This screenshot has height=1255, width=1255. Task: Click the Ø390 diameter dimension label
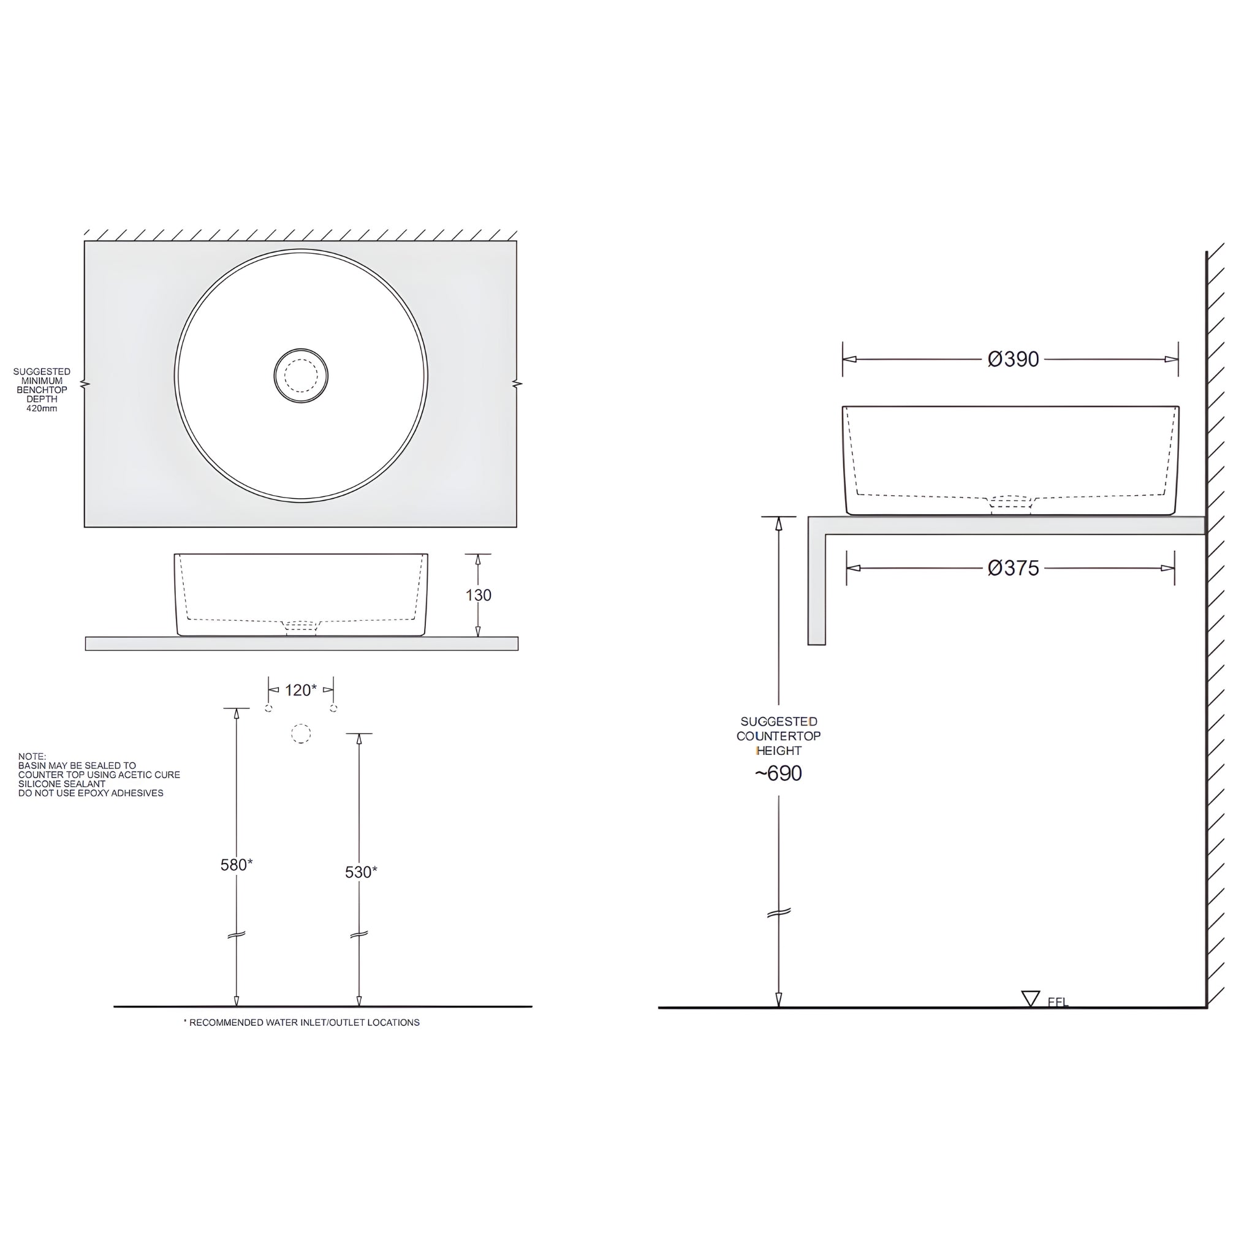pos(1014,359)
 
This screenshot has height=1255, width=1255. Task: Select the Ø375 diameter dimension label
pos(1014,569)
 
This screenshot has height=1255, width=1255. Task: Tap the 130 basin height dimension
pos(479,595)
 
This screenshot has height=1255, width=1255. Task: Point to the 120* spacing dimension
pos(301,690)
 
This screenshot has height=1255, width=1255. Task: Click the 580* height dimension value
pos(237,865)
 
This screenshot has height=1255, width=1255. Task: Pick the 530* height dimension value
pos(361,872)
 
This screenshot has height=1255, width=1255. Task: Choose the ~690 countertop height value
pos(778,773)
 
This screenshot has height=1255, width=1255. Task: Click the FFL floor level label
pos(1058,1003)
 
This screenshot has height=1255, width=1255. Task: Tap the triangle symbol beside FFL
pos(1031,998)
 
